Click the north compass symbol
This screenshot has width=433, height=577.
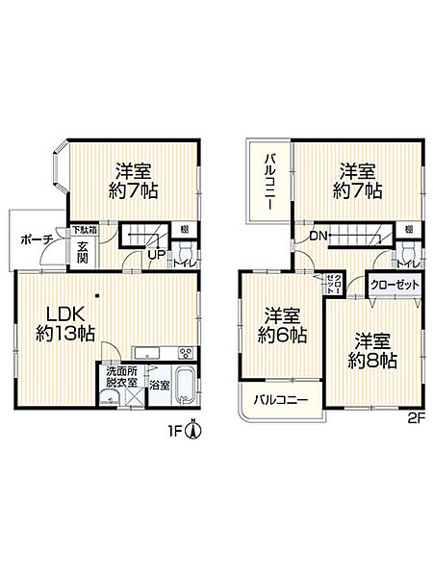point(192,429)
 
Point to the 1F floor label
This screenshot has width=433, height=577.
point(172,430)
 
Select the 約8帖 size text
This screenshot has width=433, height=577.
point(372,362)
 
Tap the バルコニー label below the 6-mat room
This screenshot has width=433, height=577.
point(280,399)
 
